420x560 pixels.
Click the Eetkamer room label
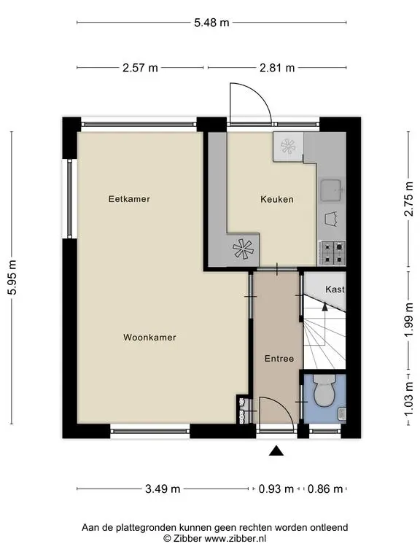(x=129, y=199)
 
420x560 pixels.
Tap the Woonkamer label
(x=149, y=338)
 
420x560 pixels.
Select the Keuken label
(x=277, y=199)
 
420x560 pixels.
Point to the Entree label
(x=279, y=359)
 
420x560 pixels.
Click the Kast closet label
(x=335, y=289)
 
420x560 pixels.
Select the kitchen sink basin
(x=331, y=190)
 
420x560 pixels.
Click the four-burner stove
(x=332, y=253)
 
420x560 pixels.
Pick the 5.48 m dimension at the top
(x=211, y=23)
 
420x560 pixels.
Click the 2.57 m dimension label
(x=140, y=68)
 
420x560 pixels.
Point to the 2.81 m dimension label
(x=277, y=68)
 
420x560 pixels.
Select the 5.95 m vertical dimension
(x=12, y=278)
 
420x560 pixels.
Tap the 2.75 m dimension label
(x=408, y=199)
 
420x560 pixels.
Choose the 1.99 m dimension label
(x=408, y=319)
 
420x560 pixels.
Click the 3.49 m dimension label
(x=163, y=489)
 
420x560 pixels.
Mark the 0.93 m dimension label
(x=276, y=489)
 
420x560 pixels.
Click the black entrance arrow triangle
(x=276, y=451)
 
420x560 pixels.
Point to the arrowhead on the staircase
(x=324, y=306)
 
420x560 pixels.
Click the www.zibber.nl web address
(x=235, y=538)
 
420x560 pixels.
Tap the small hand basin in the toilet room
(x=342, y=413)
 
